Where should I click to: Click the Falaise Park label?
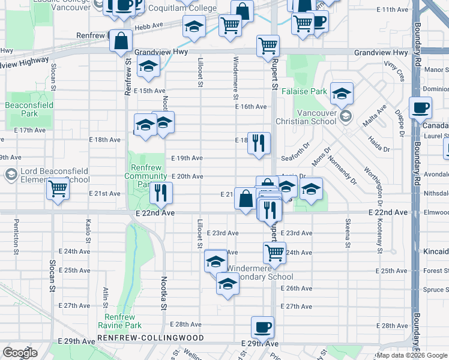click(310, 92)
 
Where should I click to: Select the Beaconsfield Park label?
click(29, 109)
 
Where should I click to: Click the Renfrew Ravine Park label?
click(123, 321)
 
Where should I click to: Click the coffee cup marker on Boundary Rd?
click(420, 109)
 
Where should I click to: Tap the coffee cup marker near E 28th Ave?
click(262, 328)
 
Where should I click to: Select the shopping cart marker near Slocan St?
click(58, 188)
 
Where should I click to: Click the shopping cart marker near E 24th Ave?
click(274, 252)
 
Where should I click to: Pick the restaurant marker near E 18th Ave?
click(259, 143)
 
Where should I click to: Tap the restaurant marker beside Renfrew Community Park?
click(161, 192)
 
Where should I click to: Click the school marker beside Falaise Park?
click(342, 93)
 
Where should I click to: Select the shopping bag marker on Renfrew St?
click(121, 42)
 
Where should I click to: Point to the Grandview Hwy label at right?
click(381, 53)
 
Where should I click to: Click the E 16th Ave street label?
click(250, 107)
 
